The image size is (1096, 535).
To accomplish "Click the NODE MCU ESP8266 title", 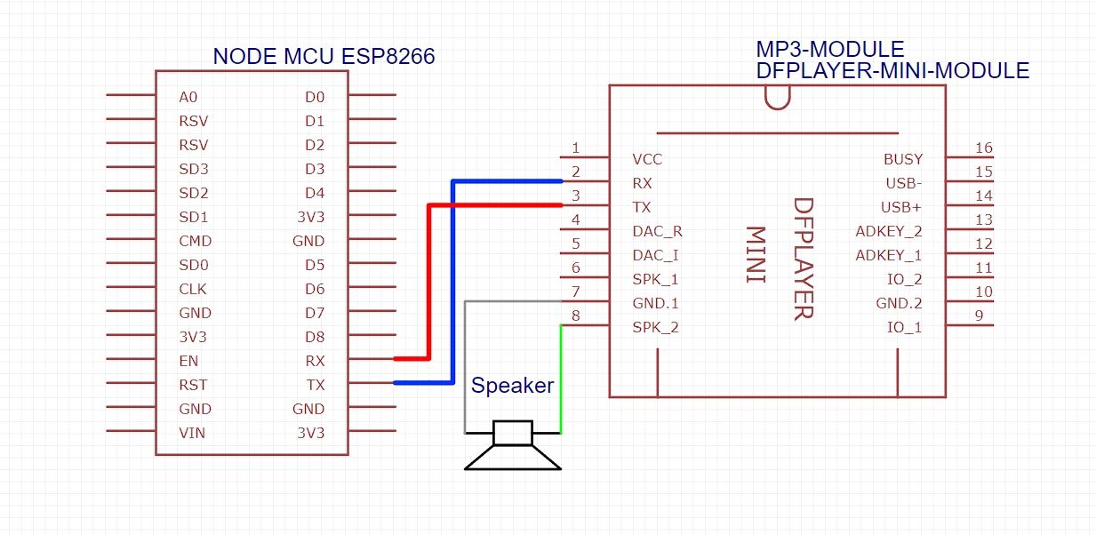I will [324, 58].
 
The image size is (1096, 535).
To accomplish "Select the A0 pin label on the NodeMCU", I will [187, 97].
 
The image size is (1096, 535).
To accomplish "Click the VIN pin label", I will [192, 433].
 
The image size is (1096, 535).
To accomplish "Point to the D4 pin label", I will [315, 193].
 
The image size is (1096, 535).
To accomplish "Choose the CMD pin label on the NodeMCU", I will [195, 241].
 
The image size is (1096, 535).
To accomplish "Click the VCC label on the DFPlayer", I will [647, 160].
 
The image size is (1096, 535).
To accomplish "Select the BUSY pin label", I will [903, 160].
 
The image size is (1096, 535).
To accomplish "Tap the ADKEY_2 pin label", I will [889, 232].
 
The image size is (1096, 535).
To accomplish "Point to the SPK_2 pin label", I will [655, 328].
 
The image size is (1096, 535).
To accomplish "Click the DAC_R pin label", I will [657, 232].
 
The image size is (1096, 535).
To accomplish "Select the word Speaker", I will [512, 386].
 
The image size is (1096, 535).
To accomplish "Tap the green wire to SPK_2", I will [560, 382].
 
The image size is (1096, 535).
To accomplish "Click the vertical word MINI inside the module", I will [755, 255].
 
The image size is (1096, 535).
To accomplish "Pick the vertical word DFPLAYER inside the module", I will [802, 258].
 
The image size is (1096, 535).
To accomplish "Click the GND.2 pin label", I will [899, 304].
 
